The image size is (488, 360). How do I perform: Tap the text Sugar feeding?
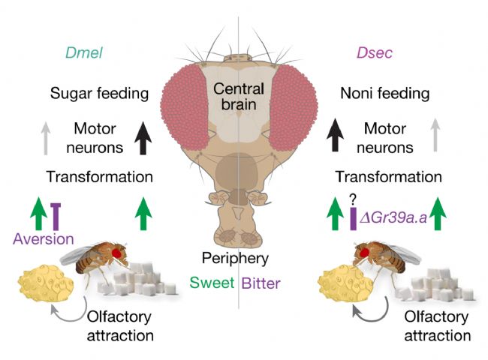tap(99, 94)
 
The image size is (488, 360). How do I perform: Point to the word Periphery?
tap(234, 259)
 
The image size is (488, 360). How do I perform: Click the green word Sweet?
tap(212, 283)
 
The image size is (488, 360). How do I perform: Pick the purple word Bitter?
tap(261, 283)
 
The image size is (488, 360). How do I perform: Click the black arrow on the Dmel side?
tap(143, 138)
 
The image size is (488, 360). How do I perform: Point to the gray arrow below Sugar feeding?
tap(47, 138)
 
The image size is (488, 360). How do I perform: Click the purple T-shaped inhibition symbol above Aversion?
tap(55, 214)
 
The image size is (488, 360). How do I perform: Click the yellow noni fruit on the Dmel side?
tap(47, 284)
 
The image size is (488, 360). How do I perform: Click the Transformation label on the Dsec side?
tap(387, 177)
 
